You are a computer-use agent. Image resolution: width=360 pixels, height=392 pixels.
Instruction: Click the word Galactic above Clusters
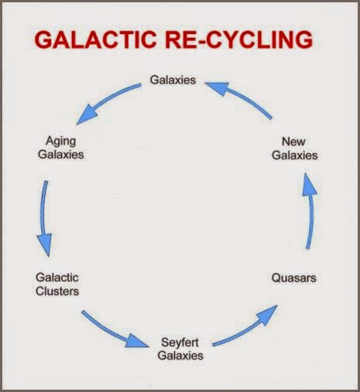[x=57, y=278]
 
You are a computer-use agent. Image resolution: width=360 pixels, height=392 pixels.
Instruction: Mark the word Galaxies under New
[x=294, y=154]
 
